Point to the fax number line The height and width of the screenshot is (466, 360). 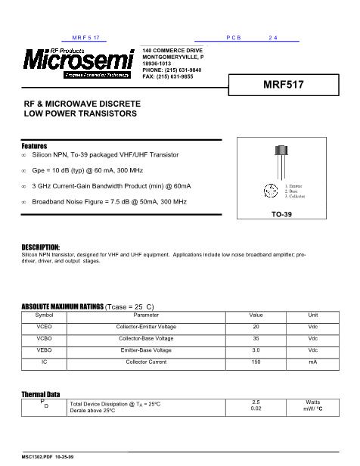[x=168, y=77]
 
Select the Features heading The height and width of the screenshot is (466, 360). [x=35, y=146]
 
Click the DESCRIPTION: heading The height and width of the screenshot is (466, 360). [x=41, y=247]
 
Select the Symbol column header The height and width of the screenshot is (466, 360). [x=45, y=315]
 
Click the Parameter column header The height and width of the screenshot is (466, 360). [x=146, y=315]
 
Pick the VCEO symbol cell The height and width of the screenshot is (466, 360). [x=45, y=327]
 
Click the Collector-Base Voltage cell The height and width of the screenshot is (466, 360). [x=145, y=338]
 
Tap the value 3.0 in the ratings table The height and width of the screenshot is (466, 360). [x=256, y=350]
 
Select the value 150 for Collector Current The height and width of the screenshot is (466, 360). [x=256, y=362]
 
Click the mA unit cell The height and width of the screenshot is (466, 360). [x=312, y=362]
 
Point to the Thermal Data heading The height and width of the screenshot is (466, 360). [x=40, y=395]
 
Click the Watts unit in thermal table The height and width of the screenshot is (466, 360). [x=312, y=402]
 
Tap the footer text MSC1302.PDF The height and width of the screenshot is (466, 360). [x=36, y=458]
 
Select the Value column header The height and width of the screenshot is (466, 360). [x=256, y=315]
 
